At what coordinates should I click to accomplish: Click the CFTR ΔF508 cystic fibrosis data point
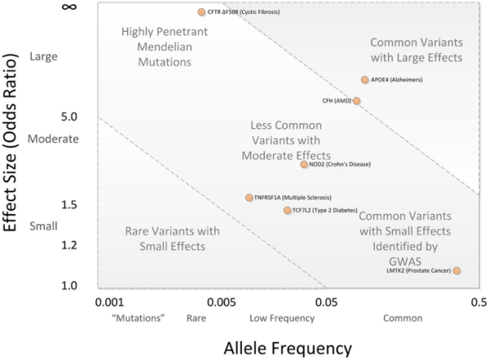[x=201, y=12]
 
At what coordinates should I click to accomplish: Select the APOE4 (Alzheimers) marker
[x=365, y=80]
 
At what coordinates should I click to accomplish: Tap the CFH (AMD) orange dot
[x=356, y=101]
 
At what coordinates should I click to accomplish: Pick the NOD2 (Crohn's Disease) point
[x=304, y=165]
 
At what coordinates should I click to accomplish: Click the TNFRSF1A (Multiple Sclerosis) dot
[x=249, y=198]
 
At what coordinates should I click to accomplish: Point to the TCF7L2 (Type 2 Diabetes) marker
[x=287, y=210]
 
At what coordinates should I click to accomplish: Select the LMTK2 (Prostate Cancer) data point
[x=456, y=270]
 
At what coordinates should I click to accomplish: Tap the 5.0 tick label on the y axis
[x=46, y=116]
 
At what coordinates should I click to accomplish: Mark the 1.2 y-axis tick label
[x=46, y=245]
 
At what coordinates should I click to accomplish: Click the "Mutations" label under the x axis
[x=120, y=318]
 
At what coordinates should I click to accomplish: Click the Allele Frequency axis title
[x=288, y=346]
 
